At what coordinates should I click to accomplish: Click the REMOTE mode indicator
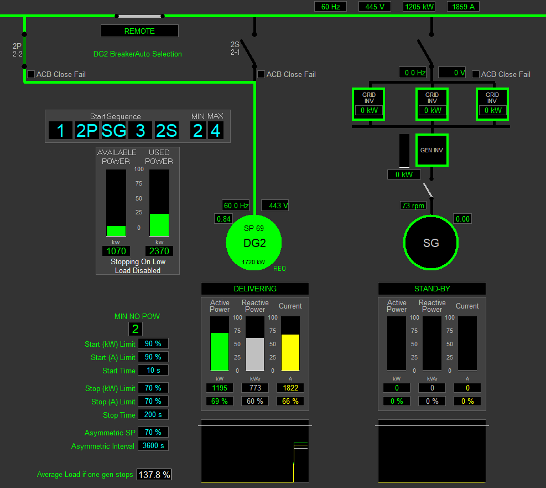point(139,31)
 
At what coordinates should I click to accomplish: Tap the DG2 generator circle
point(254,243)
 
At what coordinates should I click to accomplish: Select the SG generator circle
point(431,243)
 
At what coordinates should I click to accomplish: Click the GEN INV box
point(432,150)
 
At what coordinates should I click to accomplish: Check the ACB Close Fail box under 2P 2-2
point(31,74)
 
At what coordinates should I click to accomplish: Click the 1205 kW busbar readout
point(419,7)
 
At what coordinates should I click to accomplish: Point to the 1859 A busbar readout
point(463,7)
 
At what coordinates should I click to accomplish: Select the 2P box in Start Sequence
point(87,131)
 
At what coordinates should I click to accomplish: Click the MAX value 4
point(216,131)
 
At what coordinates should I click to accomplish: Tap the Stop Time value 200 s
point(153,414)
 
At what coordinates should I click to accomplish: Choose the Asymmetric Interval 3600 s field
point(153,445)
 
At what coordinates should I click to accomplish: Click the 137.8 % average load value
point(154,475)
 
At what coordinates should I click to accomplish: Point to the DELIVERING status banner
point(255,289)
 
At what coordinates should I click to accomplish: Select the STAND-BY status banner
point(432,289)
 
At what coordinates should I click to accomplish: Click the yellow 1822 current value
point(290,388)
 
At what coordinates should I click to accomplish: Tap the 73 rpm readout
point(413,206)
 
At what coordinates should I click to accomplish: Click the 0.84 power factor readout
point(223,219)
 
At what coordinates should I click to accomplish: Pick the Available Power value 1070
point(116,251)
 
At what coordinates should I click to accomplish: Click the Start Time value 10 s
point(153,370)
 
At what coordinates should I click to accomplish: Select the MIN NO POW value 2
point(136,328)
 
